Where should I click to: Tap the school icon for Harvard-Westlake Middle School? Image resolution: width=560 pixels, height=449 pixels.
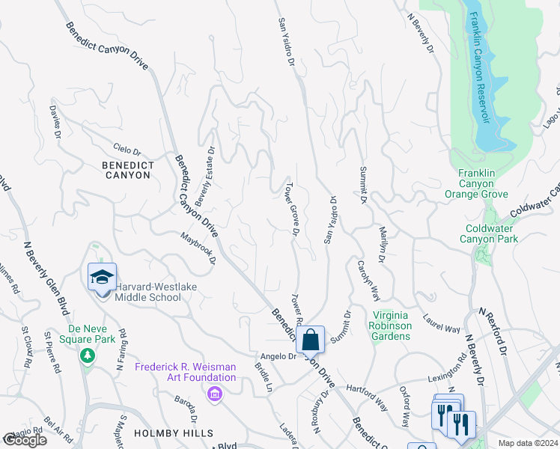coord(102,277)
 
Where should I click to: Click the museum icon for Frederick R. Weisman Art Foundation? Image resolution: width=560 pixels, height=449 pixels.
coord(215,394)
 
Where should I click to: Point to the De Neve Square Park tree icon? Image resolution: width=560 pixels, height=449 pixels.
coord(88,355)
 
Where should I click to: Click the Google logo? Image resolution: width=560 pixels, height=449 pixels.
coord(25,440)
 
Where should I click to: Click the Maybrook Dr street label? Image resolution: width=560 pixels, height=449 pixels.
coord(198,248)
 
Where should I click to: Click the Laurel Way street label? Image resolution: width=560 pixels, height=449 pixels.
coord(441,323)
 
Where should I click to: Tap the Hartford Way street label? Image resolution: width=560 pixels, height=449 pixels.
coord(368,397)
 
